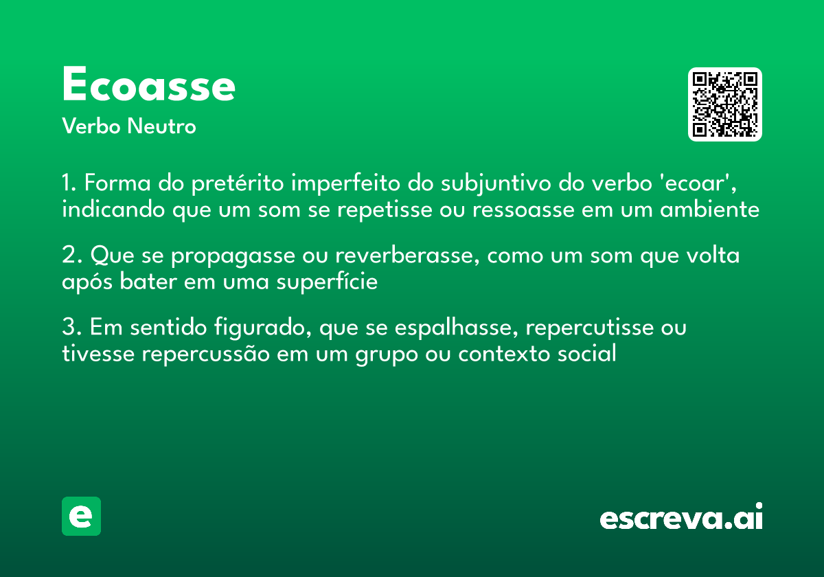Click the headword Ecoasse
[x=148, y=86]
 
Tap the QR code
[x=725, y=104]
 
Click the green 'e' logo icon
[x=81, y=516]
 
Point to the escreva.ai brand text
[x=681, y=517]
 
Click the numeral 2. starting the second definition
[x=73, y=256]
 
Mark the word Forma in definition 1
[x=111, y=184]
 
